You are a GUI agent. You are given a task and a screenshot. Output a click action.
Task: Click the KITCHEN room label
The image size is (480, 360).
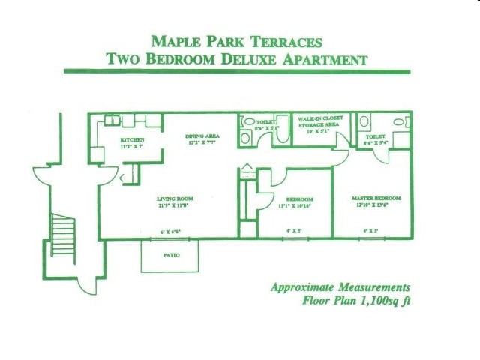(133, 140)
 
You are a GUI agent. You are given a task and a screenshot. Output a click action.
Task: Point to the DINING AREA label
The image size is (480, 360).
(200, 136)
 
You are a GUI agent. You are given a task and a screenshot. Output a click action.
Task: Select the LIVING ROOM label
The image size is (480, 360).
(170, 199)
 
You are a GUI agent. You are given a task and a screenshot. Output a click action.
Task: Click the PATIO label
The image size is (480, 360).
(169, 255)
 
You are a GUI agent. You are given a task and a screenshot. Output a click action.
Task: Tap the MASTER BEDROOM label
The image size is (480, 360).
(376, 199)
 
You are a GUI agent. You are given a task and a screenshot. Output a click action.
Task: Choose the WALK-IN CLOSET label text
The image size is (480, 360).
(320, 119)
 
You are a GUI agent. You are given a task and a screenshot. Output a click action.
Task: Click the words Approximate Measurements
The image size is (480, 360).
(340, 287)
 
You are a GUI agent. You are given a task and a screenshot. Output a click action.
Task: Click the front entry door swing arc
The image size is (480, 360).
(107, 178)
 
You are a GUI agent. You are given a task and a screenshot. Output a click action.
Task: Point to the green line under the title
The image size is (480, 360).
(237, 71)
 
